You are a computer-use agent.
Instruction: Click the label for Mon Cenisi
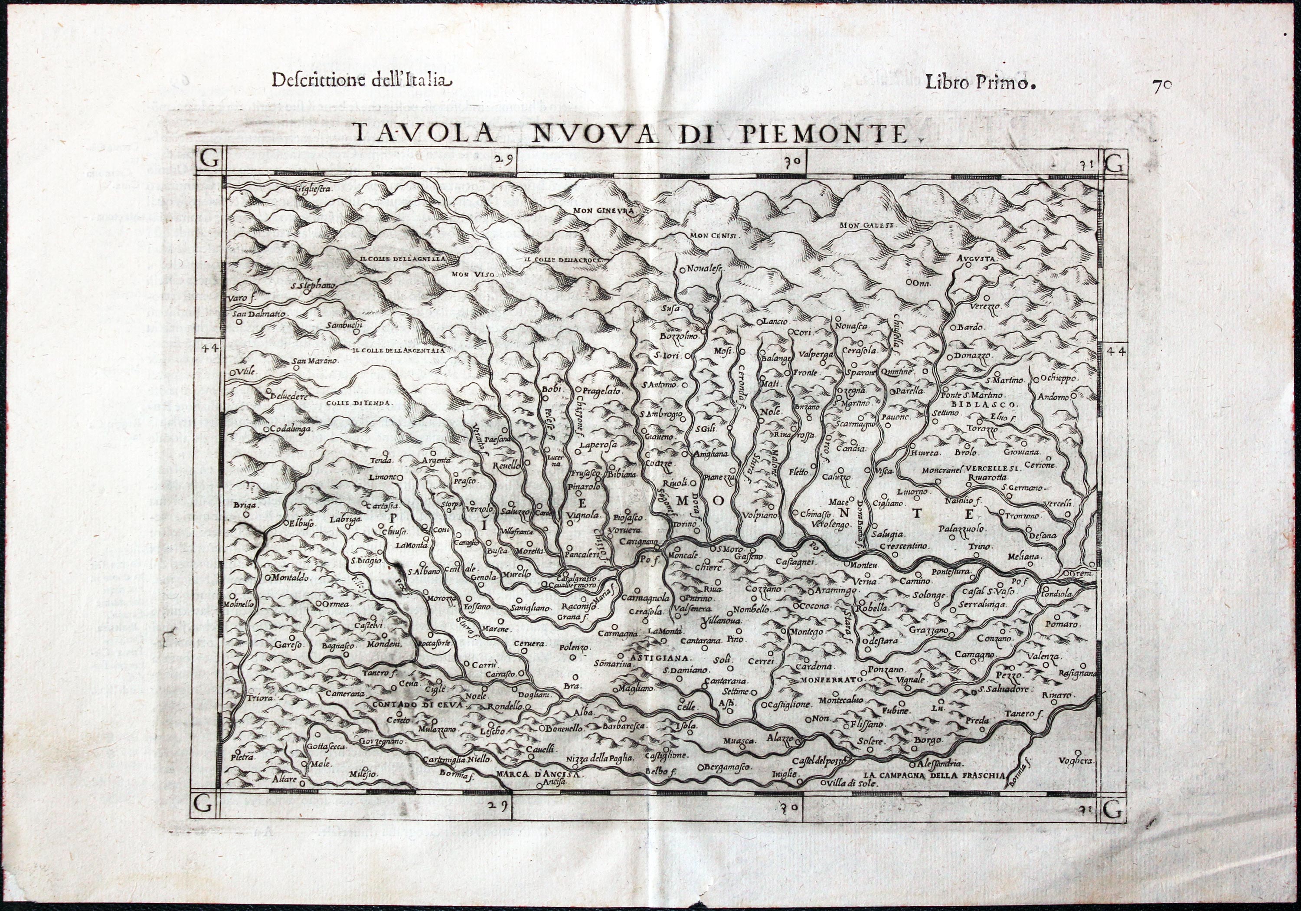pyautogui.click(x=712, y=235)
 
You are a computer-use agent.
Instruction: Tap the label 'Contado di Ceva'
pyautogui.click(x=418, y=705)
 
